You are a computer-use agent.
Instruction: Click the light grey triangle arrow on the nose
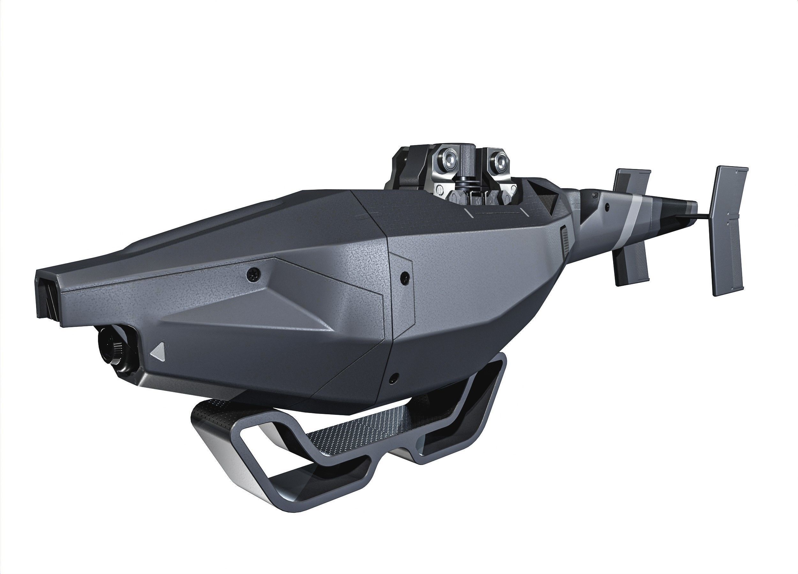click(x=159, y=351)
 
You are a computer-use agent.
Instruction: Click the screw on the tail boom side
click(x=606, y=207)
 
